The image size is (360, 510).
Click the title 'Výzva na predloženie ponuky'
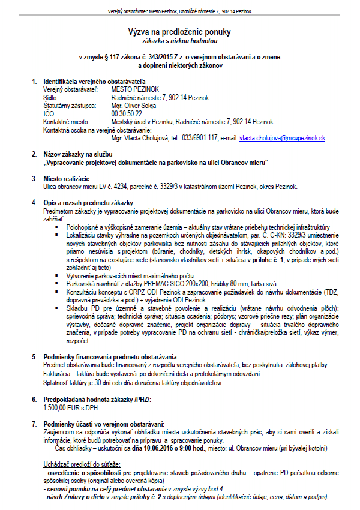(181, 31)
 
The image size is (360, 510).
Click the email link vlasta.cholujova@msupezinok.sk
(282, 138)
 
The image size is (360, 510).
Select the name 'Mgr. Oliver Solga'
(133, 105)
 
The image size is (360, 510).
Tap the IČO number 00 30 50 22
(127, 113)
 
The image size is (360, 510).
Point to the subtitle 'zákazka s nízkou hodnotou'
(181, 41)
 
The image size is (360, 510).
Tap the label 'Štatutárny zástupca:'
(70, 105)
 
